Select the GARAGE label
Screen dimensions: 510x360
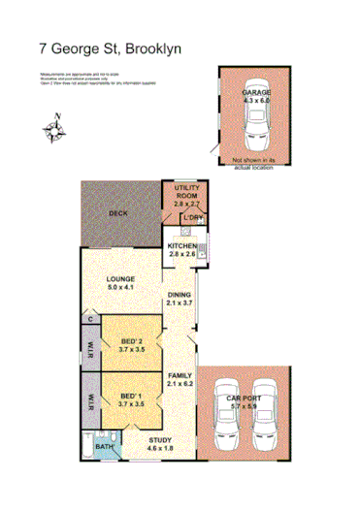[255, 95]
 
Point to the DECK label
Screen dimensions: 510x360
[118, 211]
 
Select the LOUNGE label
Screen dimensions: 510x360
[126, 284]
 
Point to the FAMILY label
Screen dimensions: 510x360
[179, 379]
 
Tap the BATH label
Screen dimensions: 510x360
[104, 447]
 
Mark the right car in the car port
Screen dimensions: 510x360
[271, 412]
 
